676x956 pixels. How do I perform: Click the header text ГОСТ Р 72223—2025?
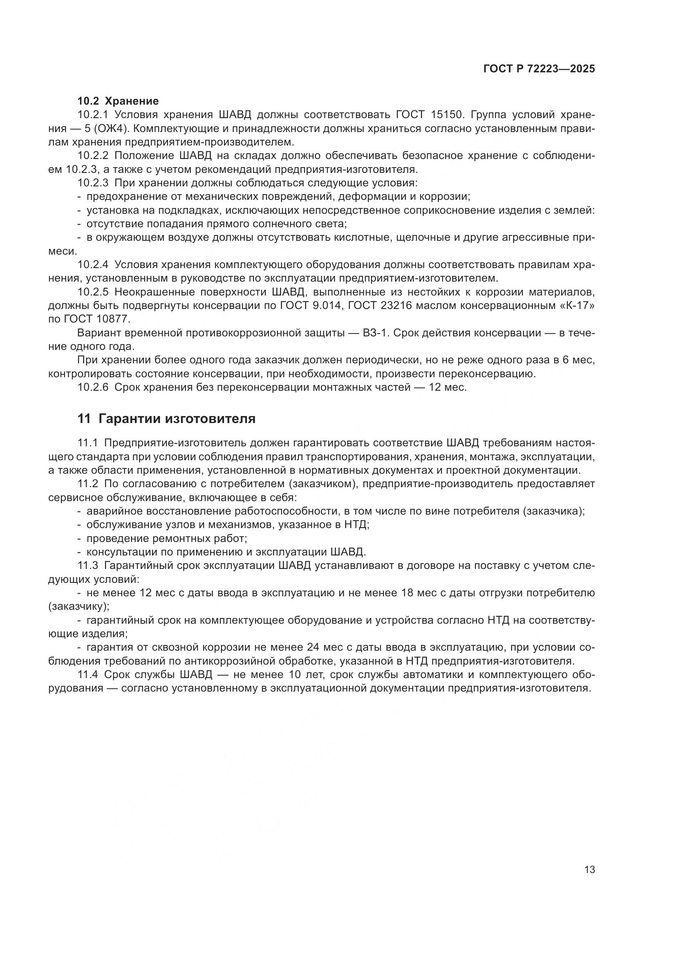539,69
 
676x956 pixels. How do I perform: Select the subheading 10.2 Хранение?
118,101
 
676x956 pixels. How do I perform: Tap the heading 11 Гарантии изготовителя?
166,419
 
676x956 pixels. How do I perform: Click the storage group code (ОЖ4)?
113,128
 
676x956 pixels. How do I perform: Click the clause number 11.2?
88,484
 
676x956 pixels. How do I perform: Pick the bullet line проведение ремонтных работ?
166,538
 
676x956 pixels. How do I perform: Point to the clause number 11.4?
88,674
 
